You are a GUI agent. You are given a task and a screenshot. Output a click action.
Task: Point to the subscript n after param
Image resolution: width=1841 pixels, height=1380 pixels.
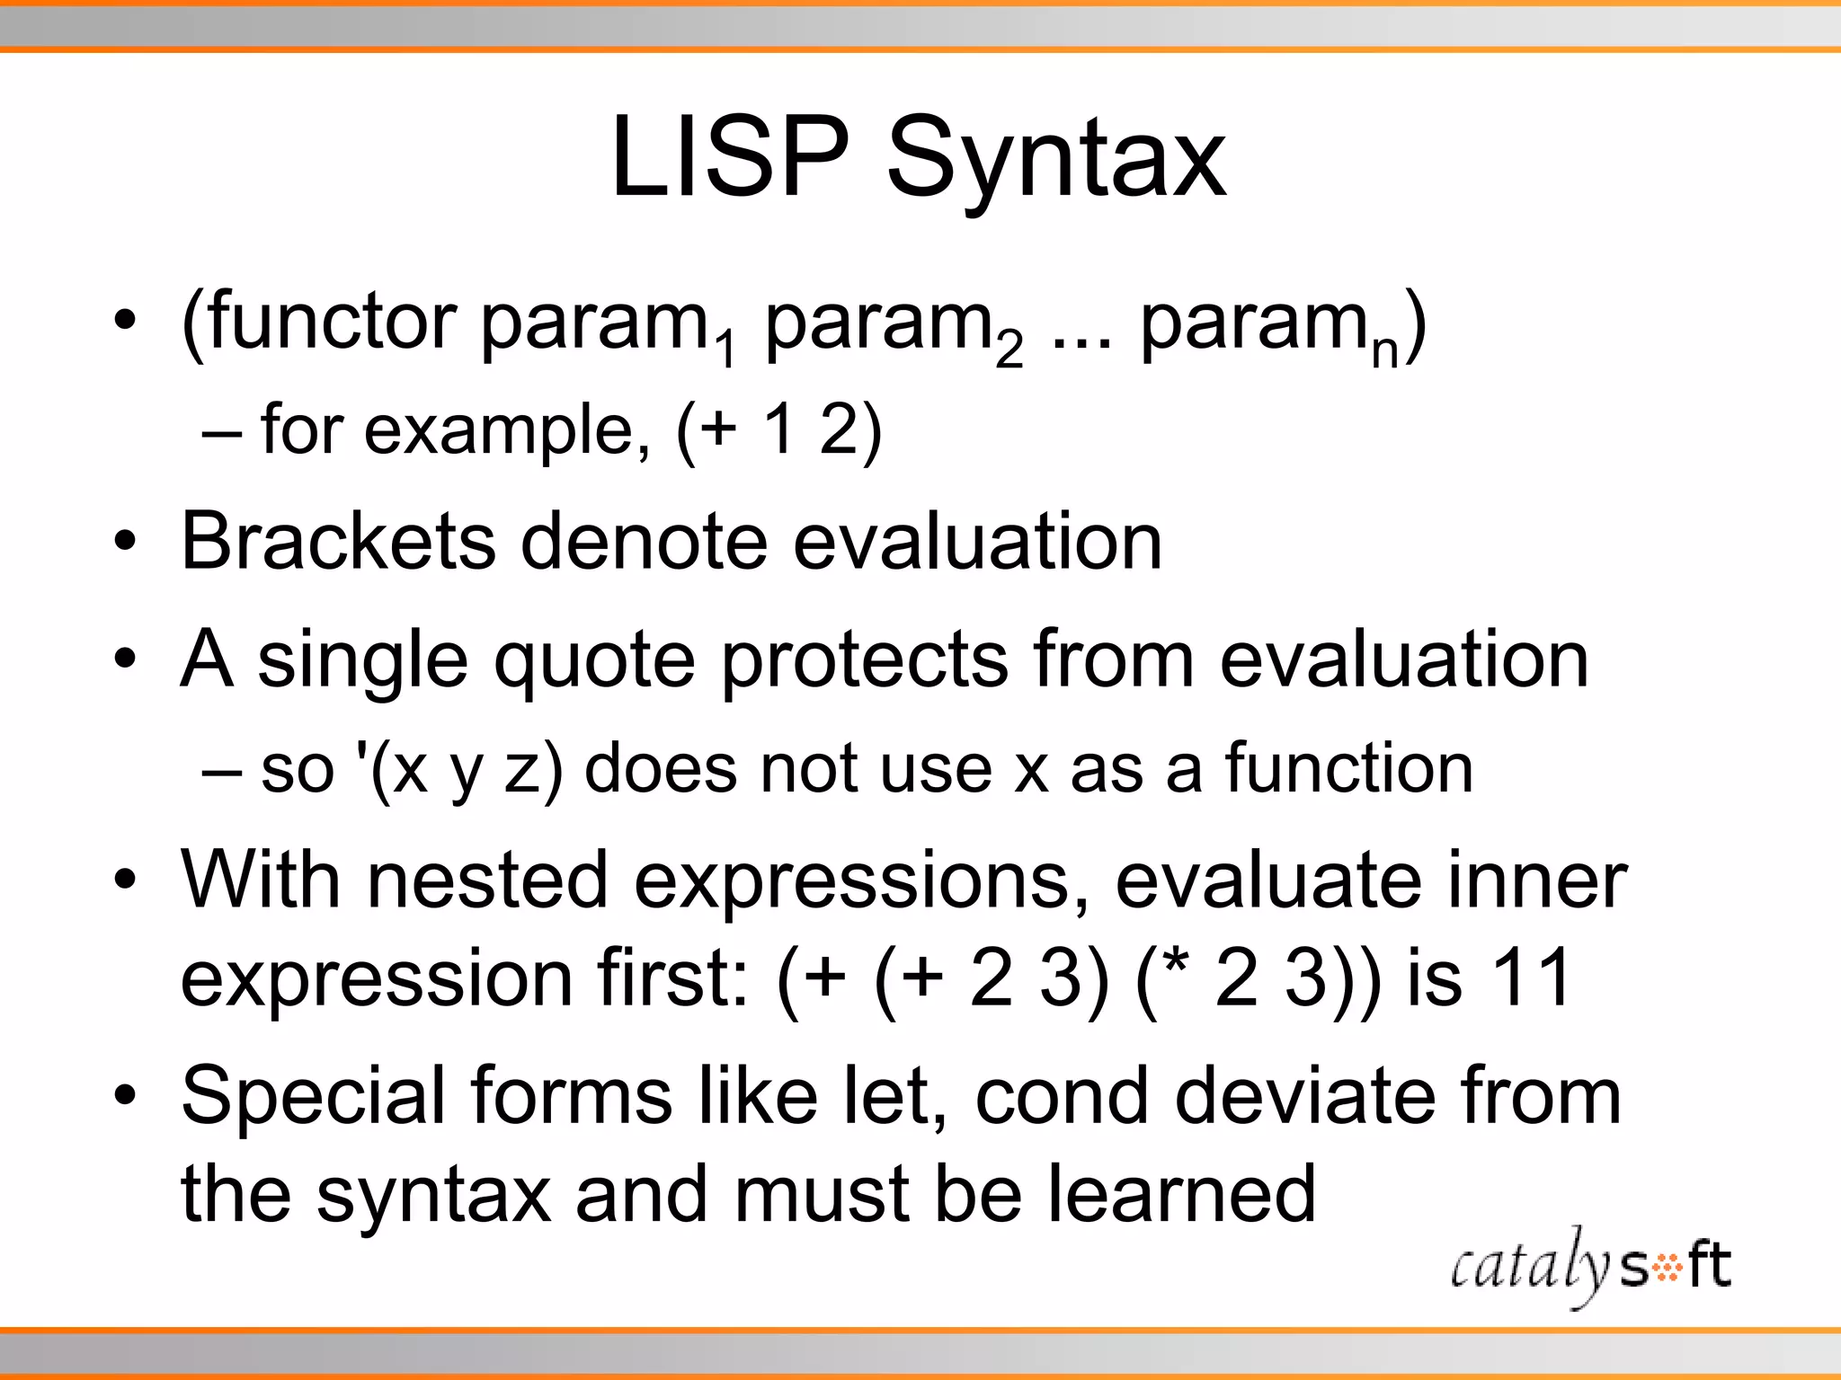coord(1385,353)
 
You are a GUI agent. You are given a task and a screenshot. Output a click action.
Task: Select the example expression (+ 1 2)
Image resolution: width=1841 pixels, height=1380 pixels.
coord(778,430)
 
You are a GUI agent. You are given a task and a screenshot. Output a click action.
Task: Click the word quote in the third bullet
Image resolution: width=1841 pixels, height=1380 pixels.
coord(594,661)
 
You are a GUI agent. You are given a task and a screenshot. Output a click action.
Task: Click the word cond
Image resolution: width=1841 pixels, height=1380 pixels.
coord(1062,1096)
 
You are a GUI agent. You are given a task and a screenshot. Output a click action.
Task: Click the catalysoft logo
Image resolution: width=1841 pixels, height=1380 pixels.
coord(1590,1267)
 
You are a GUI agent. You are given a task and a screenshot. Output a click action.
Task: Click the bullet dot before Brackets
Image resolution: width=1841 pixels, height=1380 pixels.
coord(125,542)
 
